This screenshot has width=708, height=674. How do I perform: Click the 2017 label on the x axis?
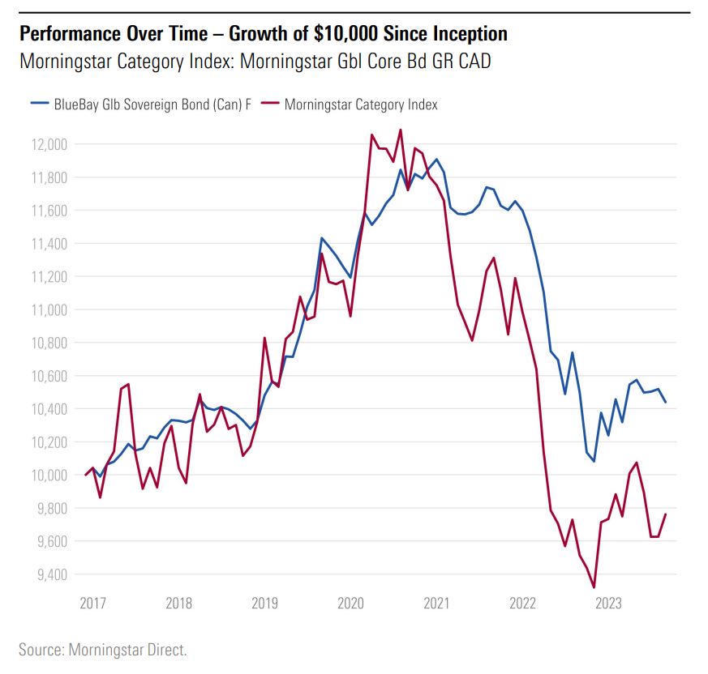click(x=93, y=604)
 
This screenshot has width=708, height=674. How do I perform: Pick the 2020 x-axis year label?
click(x=350, y=604)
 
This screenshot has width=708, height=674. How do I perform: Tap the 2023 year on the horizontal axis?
click(x=608, y=604)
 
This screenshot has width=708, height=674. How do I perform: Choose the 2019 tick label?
click(x=265, y=604)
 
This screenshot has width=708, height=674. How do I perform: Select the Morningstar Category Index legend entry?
click(x=361, y=104)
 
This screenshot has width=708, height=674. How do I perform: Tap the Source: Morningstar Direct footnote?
click(x=103, y=650)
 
